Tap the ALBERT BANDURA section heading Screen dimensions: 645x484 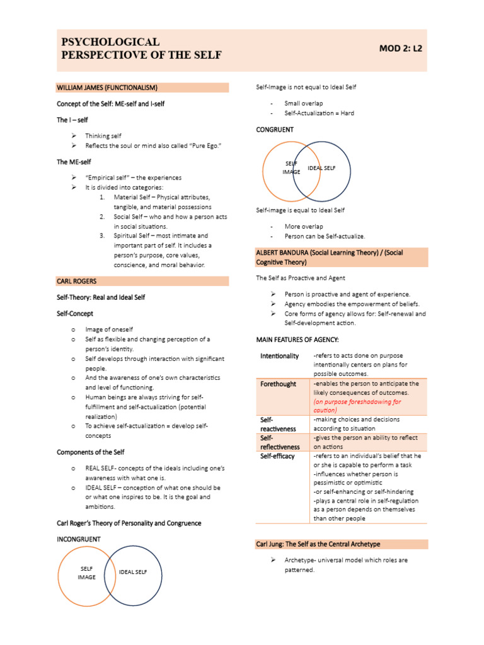pos(330,257)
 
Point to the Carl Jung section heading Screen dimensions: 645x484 pos(318,544)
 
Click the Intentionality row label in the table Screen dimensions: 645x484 pos(279,357)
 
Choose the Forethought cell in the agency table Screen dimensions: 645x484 pos(278,384)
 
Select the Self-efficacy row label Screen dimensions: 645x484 pos(277,456)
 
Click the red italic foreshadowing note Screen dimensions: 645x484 pos(357,406)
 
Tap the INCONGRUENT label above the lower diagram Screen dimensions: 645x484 pos(79,539)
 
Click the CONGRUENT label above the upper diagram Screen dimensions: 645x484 pos(275,130)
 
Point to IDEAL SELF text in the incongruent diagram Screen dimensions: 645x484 pos(133,572)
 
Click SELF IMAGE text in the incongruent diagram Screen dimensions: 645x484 pos(87,573)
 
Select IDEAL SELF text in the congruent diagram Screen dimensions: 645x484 pos(321,168)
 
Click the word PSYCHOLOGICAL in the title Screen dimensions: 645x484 pos(110,42)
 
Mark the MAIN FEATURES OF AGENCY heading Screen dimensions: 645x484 pos(297,340)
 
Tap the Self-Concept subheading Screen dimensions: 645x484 pos(75,313)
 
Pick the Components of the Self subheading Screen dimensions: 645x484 pos(91,452)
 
